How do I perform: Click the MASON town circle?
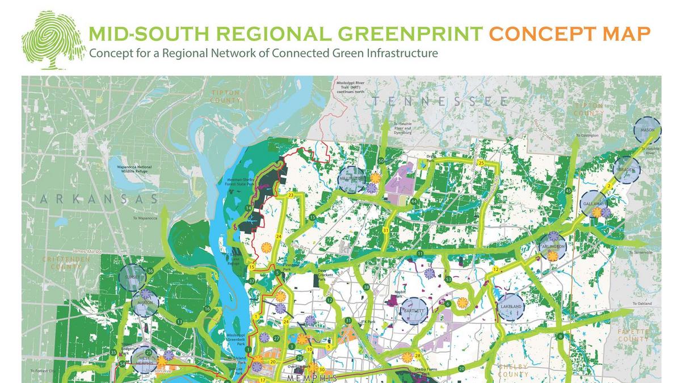(x=647, y=130)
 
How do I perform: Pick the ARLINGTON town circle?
(x=553, y=246)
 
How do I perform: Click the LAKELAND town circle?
(x=511, y=306)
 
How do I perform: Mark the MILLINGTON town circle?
(x=351, y=179)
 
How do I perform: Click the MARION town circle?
(x=145, y=304)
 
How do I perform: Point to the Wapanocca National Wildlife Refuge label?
(x=134, y=170)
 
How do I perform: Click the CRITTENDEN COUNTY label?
(x=66, y=263)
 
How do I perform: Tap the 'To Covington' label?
(x=587, y=136)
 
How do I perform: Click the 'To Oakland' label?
(x=642, y=304)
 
